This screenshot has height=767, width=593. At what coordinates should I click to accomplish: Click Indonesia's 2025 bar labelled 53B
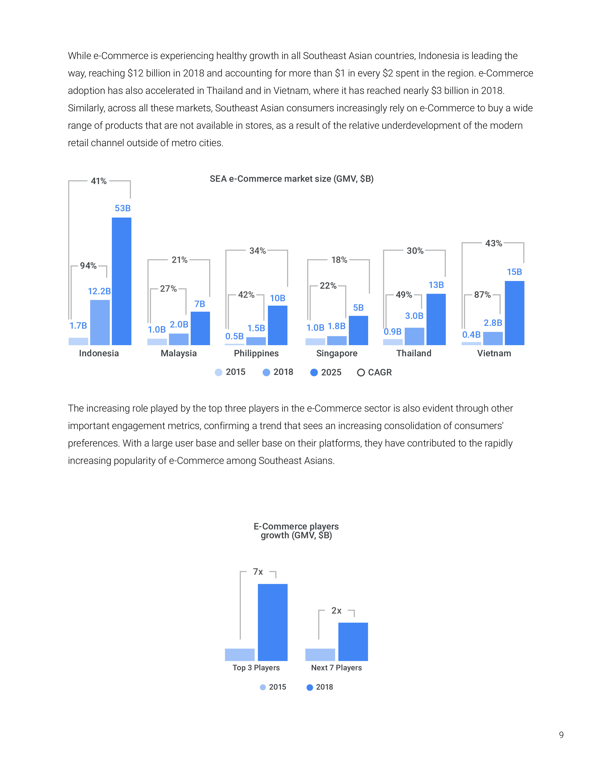pos(122,281)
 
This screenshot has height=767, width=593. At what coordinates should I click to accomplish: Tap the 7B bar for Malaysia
pos(200,328)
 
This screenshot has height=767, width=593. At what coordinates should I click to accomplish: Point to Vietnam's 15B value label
pos(514,272)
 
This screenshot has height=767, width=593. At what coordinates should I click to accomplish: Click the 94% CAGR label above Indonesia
pos(88,265)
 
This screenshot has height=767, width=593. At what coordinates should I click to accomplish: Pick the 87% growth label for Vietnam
pos(482,295)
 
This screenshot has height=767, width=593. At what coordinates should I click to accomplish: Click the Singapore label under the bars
pos(336,353)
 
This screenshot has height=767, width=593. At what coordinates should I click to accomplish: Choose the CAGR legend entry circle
pos(361,373)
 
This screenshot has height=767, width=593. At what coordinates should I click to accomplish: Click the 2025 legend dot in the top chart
pos(314,373)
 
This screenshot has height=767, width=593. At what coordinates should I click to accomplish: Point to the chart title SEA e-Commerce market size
pos(292,179)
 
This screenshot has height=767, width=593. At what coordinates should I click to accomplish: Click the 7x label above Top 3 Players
pos(258,572)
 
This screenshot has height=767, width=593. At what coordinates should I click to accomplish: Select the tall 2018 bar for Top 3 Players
pos(273,622)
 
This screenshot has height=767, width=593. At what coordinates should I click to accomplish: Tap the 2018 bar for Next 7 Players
pos(353,642)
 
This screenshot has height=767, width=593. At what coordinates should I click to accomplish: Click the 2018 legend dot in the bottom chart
pos(310,687)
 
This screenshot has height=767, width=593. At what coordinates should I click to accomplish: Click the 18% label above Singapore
pos(339,260)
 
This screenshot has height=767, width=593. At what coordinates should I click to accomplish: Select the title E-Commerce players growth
pos(296,531)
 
